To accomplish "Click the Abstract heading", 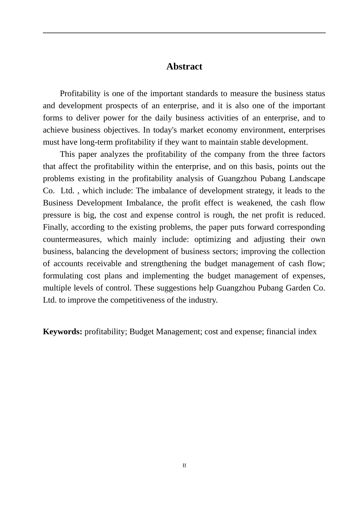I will (184, 67).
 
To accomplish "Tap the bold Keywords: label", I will (63, 332).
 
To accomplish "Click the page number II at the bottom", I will (184, 465).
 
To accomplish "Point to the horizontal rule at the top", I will (184, 33).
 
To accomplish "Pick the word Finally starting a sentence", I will (55, 227).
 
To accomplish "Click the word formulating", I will (63, 276).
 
